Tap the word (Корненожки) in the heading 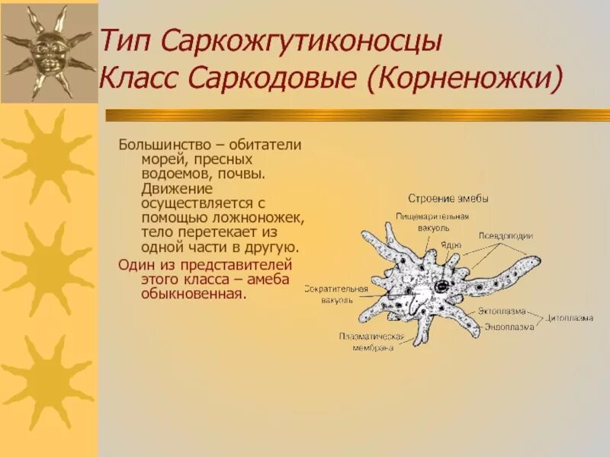click(x=466, y=78)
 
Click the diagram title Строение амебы click(x=448, y=199)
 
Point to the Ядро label click(x=450, y=245)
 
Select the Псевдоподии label click(x=506, y=236)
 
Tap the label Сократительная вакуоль click(x=335, y=294)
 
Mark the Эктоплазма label click(x=502, y=312)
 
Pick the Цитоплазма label click(x=573, y=318)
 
